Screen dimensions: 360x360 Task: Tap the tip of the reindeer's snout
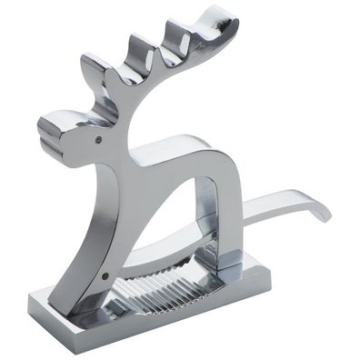tap(45, 127)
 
